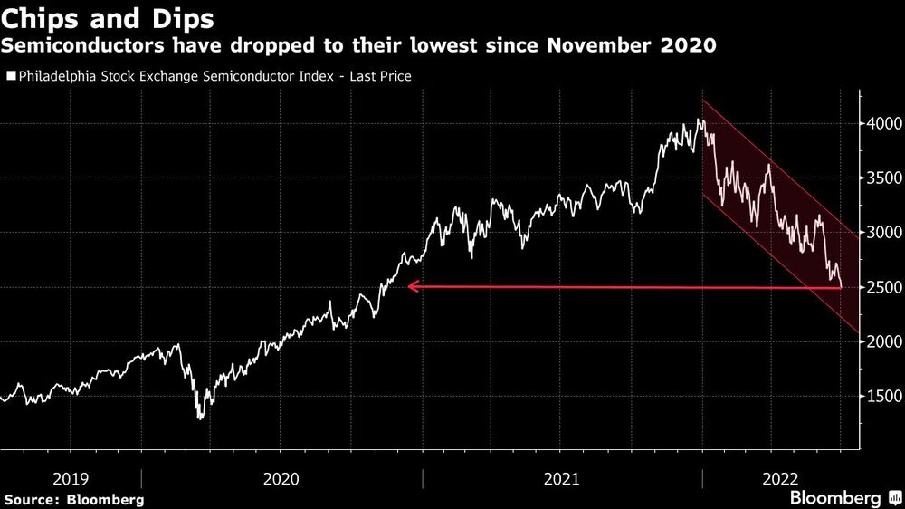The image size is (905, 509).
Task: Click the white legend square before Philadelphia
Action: tap(10, 77)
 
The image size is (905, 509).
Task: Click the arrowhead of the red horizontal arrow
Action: tap(412, 287)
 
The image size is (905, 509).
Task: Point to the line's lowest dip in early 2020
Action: tap(199, 418)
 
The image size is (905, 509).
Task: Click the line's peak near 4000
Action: tap(699, 120)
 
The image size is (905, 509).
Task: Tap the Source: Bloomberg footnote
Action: tap(74, 499)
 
